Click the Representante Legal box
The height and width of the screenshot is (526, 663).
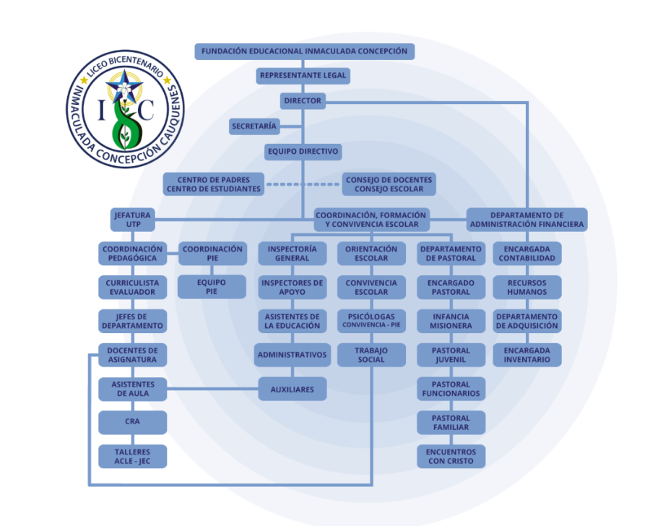(303, 75)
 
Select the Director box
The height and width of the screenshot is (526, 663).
(303, 100)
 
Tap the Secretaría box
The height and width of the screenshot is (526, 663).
(253, 126)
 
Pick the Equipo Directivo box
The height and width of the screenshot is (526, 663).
(303, 152)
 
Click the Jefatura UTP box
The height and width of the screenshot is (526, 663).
(131, 220)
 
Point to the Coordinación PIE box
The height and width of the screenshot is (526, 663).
(212, 254)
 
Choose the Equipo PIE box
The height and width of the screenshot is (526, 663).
(212, 287)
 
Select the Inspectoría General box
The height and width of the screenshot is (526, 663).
(292, 254)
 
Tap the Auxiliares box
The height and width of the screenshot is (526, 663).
(292, 389)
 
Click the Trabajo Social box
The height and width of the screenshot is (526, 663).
(371, 355)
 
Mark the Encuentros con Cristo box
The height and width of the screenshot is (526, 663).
(451, 456)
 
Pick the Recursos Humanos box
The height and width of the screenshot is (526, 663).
(526, 287)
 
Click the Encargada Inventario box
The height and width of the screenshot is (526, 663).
(526, 355)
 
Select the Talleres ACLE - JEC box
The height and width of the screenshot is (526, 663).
(133, 456)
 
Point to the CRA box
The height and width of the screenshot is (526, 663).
(133, 422)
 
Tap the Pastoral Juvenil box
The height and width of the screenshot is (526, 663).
(451, 355)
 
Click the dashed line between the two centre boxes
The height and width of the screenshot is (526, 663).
(303, 184)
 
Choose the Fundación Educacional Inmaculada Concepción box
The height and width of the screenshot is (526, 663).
(303, 51)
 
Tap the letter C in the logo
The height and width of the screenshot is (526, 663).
(145, 109)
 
